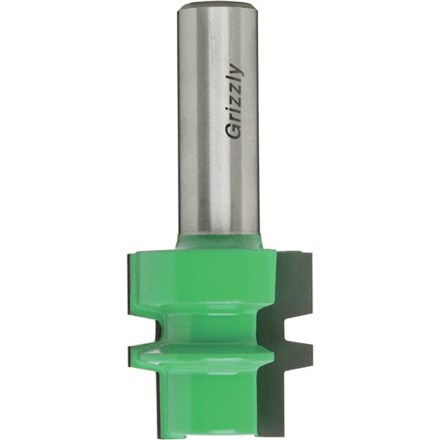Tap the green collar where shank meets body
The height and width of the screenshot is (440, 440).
coord(220,240)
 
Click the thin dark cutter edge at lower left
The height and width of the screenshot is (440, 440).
coord(126,387)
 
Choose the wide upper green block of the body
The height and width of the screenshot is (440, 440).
coord(207,277)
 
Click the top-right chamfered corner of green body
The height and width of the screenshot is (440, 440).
coord(275,253)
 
